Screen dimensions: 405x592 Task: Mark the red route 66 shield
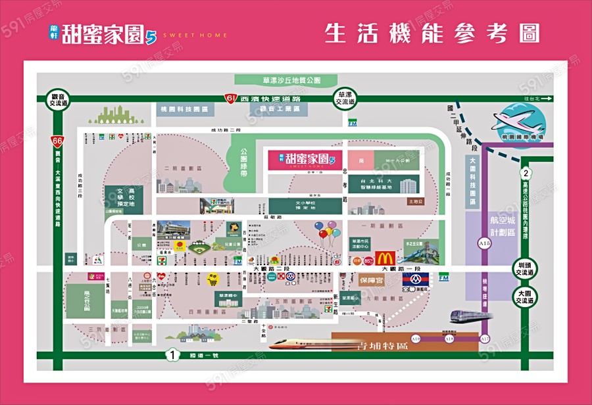pos(59,140)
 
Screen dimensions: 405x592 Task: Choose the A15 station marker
pos(485,243)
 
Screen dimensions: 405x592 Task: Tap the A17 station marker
pos(485,339)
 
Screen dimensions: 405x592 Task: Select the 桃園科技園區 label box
pos(184,108)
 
